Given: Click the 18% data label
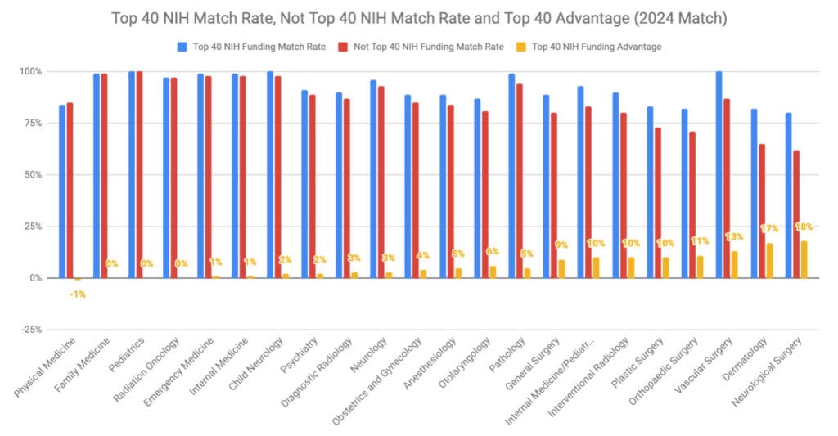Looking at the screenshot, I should tap(804, 227).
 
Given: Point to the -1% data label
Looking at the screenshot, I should tap(78, 294).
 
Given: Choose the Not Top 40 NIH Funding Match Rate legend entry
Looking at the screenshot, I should tap(429, 47).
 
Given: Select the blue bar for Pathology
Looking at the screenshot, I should tap(511, 176).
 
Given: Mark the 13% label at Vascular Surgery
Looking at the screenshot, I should tap(735, 236).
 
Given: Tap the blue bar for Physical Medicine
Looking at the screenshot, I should tap(62, 191).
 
